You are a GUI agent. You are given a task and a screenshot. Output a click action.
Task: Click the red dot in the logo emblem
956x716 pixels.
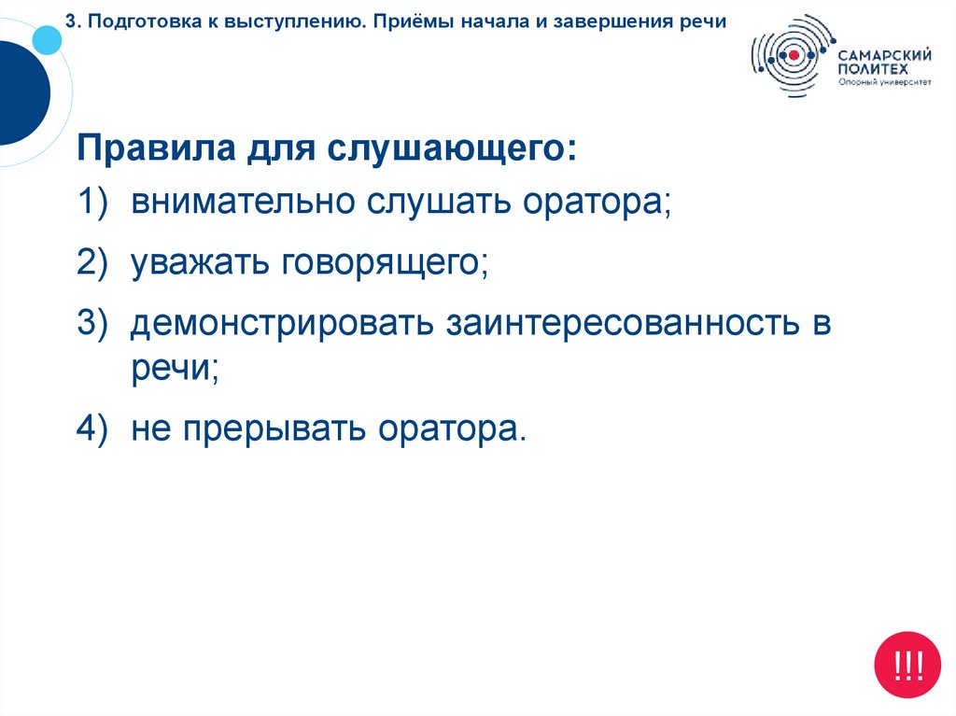point(793,56)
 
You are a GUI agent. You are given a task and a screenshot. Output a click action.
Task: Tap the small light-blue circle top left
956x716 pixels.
point(45,38)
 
